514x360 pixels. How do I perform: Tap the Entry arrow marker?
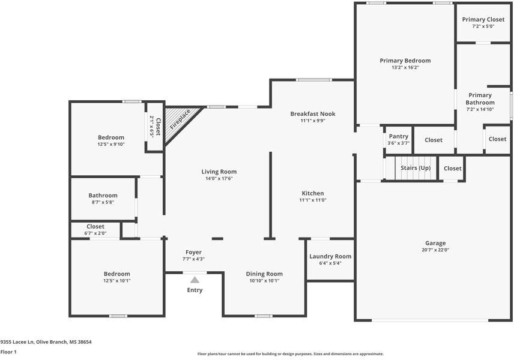coord(195,280)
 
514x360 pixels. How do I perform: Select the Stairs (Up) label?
coord(416,168)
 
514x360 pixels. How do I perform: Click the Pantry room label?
coord(399,136)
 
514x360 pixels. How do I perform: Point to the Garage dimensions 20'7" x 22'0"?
coord(435,250)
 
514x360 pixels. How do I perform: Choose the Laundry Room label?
coord(330,256)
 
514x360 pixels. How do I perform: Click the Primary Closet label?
coord(483,20)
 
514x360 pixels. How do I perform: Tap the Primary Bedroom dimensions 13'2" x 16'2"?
coord(405,67)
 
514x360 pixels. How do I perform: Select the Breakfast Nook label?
coord(313,113)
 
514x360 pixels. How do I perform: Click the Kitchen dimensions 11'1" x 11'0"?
coord(313,200)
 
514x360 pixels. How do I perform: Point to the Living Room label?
coord(219,172)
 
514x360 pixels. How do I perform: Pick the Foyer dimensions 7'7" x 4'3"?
coord(193,259)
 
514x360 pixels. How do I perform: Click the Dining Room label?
coord(264,274)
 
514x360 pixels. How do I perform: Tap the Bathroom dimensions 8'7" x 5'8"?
coord(103,202)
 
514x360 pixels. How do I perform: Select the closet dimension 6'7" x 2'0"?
coord(95,233)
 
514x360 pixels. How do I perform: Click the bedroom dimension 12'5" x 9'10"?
coord(111,144)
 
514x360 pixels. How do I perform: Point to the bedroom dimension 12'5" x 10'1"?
coord(116,281)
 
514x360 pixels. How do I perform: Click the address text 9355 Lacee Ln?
coord(17,342)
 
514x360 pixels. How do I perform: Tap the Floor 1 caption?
coord(8,352)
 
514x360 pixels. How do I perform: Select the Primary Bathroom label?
coord(480,98)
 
